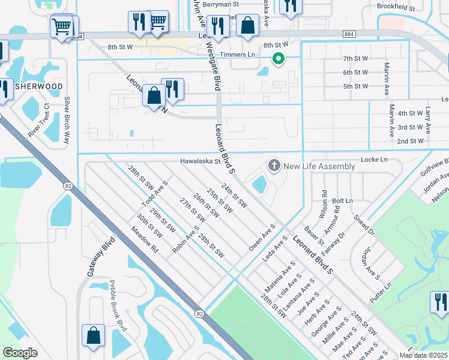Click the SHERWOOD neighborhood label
click(x=38, y=86)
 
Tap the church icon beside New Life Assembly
click(x=274, y=166)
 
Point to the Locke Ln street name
click(x=374, y=160)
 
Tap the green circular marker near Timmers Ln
click(x=278, y=58)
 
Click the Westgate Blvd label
click(x=213, y=65)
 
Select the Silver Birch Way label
click(x=68, y=119)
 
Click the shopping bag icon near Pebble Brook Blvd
click(x=94, y=336)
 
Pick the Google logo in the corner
click(x=20, y=353)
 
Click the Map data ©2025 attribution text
click(x=423, y=355)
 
